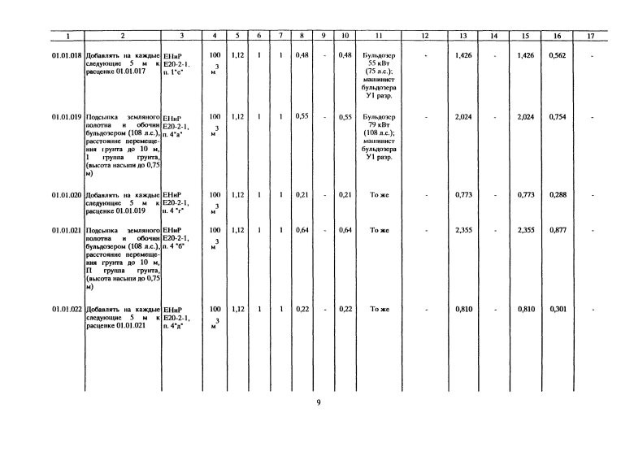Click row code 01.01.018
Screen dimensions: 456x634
[x=67, y=55]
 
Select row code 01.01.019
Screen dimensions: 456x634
[x=67, y=117]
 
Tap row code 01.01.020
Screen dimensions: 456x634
[x=67, y=196]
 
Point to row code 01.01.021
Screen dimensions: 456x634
[x=67, y=231]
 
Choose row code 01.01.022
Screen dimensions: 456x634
[x=67, y=310]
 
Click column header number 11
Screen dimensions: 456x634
[x=379, y=36]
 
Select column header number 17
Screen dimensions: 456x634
[x=591, y=36]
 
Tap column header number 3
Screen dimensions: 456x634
[x=181, y=36]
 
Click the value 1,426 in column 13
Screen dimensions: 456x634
[x=463, y=55]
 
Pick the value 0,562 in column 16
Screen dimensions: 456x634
[x=558, y=55]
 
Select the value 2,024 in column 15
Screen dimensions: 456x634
[x=526, y=117]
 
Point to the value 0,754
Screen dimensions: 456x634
[x=558, y=117]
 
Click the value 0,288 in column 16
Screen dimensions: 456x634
[x=558, y=196]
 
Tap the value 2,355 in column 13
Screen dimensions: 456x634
[x=463, y=231]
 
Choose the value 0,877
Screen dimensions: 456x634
[x=558, y=231]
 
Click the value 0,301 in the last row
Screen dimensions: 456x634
[x=558, y=310]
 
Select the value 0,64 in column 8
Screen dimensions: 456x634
[x=302, y=231]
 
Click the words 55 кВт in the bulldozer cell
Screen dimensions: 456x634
[x=379, y=63]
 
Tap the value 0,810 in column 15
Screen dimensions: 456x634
[x=526, y=310]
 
